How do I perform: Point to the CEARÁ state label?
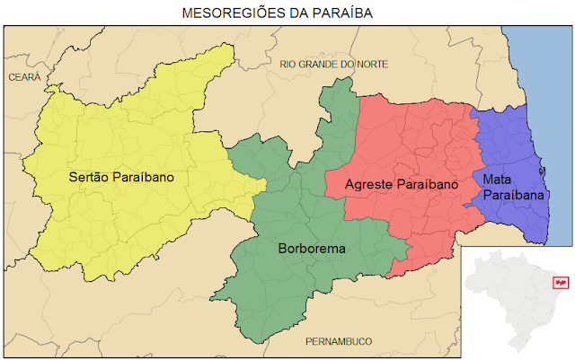(x=24, y=78)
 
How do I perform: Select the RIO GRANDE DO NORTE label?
(x=333, y=64)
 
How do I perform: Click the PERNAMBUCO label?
(x=339, y=341)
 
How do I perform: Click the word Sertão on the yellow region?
(x=88, y=177)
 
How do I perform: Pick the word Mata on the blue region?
(x=497, y=179)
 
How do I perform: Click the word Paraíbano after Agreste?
(x=428, y=184)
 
